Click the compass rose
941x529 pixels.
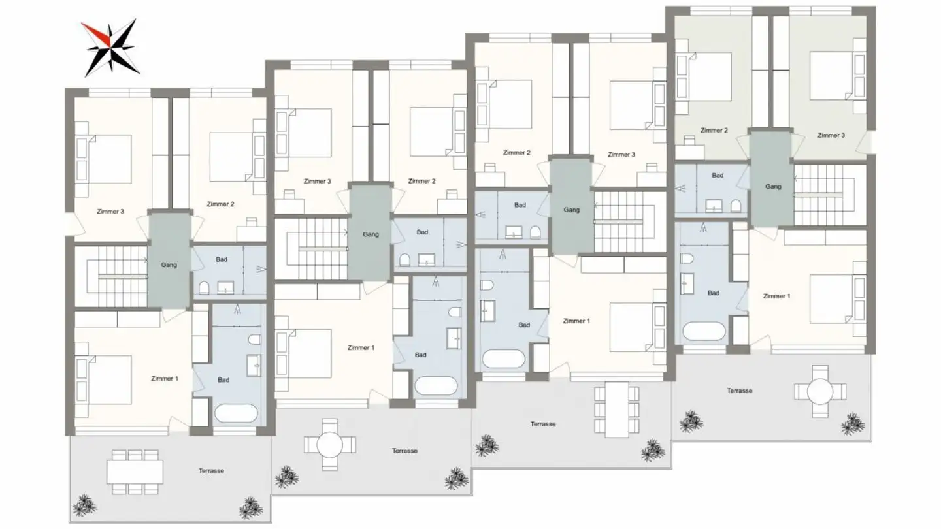coord(109,47)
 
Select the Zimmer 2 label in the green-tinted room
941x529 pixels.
coord(714,131)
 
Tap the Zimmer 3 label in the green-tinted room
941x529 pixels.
coord(831,136)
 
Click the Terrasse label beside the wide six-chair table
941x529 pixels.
coord(211,471)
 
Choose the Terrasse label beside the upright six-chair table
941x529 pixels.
coord(543,425)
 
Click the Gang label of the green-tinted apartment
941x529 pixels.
coord(773,187)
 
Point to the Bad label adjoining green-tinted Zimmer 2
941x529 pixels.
coord(718,176)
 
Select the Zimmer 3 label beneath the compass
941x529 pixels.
coord(110,212)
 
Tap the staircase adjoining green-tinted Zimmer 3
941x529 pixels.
coord(829,186)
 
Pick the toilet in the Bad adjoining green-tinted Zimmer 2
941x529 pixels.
coord(736,206)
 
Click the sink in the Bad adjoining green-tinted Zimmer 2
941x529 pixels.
coord(714,208)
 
